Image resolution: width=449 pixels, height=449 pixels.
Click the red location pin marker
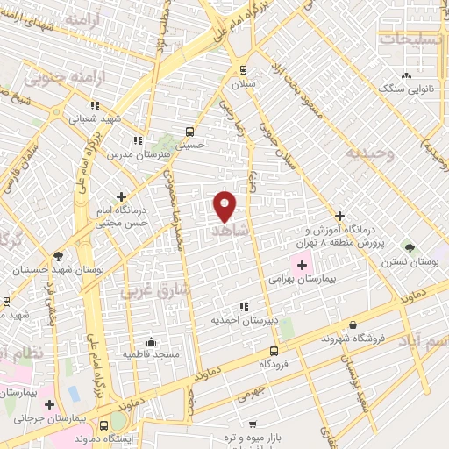(225, 205)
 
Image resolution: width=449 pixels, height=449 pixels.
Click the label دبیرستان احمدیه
(243, 321)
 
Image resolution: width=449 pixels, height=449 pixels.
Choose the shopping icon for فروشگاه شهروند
(353, 324)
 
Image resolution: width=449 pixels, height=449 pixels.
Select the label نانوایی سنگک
(404, 89)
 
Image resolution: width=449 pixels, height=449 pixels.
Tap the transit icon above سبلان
(243, 69)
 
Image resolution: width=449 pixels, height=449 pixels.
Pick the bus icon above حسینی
(189, 132)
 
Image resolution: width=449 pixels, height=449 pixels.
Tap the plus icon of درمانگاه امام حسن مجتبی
(121, 196)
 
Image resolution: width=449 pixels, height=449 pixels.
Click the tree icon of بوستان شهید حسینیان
(58, 256)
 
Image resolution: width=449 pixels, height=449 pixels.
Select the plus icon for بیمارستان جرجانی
(50, 404)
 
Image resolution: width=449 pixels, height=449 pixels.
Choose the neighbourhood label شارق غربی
(152, 289)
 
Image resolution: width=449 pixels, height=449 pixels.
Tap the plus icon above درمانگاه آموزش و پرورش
(340, 216)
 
